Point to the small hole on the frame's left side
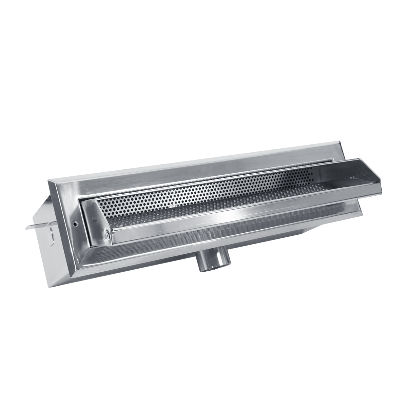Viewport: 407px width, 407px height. [75, 224]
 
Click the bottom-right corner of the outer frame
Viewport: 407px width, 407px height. [361, 215]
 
